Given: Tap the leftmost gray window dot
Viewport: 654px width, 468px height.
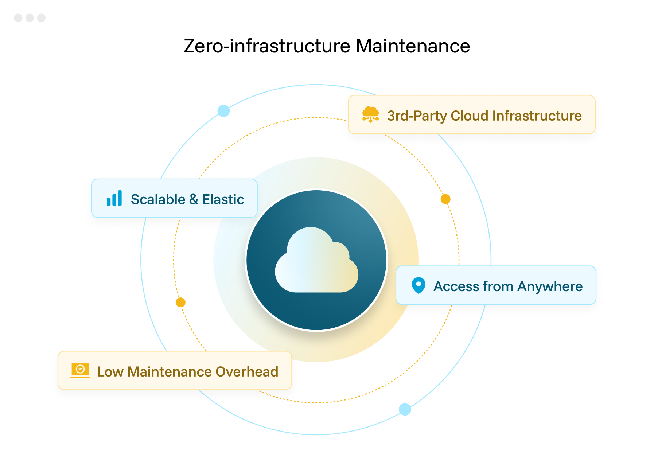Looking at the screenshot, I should [18, 18].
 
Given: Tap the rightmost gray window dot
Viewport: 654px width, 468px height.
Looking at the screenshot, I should [41, 18].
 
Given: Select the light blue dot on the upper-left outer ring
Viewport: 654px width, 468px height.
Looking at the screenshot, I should [223, 111].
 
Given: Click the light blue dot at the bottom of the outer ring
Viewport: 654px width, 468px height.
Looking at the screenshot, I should [405, 409].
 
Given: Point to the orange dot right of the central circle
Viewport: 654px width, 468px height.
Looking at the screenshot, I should [445, 199].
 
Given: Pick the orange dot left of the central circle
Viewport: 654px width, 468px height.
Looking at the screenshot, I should [180, 303].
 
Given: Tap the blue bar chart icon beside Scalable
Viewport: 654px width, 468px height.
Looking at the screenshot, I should [114, 199].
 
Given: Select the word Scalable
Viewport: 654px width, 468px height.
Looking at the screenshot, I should [158, 200].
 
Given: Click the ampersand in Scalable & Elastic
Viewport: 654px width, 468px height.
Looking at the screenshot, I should [194, 200].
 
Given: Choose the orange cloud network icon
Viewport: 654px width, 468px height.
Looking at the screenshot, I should [370, 114].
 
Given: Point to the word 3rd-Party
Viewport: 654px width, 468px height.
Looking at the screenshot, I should [417, 116].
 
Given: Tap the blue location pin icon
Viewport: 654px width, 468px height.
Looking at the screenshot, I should [419, 285].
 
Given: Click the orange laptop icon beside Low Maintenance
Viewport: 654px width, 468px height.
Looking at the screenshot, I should [80, 370].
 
